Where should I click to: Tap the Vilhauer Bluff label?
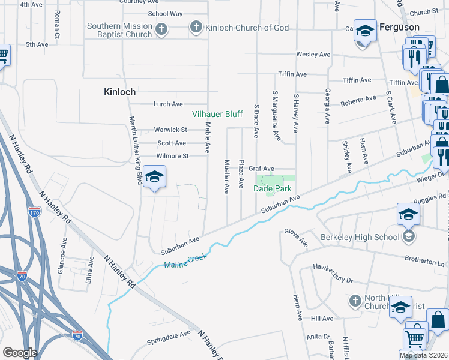[x=217, y=114]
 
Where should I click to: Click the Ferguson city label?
[x=399, y=28]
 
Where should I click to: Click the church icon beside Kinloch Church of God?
[x=195, y=27]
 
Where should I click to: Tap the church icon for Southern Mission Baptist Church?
[x=161, y=29]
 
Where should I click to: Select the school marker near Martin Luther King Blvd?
[x=155, y=178]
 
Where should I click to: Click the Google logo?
[x=20, y=353]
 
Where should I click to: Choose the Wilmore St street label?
[x=172, y=156]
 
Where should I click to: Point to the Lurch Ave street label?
[x=168, y=104]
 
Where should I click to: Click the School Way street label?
[x=165, y=13]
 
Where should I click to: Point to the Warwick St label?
[x=170, y=130]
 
